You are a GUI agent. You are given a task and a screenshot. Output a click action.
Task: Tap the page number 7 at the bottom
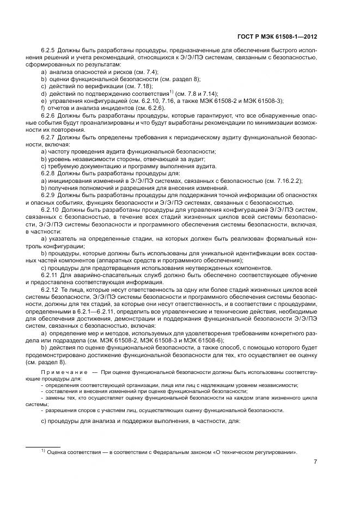coord(316,462)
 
